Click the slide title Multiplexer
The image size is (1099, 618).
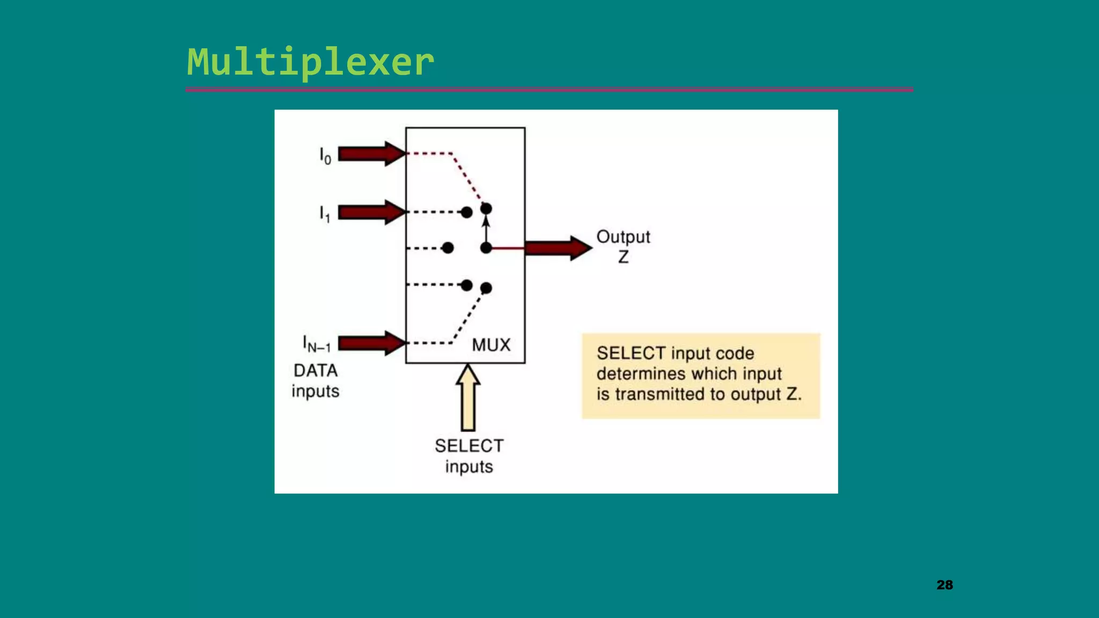310,62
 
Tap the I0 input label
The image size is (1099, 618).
325,156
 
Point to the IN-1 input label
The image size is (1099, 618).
317,344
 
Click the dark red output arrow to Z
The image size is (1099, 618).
558,248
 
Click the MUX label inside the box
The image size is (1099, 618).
491,345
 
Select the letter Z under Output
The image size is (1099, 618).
623,257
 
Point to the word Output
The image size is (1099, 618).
623,237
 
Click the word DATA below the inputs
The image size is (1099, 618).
316,371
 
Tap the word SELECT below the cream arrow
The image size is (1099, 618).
469,446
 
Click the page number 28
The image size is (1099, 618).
944,585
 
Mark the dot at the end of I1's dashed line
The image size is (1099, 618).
467,212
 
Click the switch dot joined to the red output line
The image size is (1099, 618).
486,248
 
